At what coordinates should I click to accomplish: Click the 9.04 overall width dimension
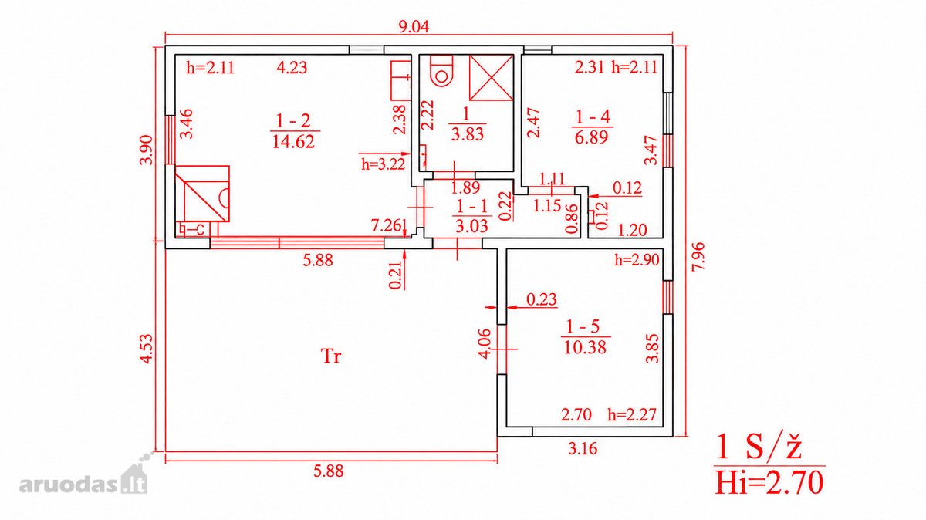[414, 27]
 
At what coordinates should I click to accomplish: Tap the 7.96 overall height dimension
[699, 256]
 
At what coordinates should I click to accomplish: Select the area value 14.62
[293, 142]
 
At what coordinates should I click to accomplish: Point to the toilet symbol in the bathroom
[441, 71]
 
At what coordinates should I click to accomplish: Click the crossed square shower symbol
[492, 78]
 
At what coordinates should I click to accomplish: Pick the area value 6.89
[592, 137]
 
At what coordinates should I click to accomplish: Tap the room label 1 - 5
[583, 327]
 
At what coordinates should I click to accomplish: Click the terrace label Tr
[331, 356]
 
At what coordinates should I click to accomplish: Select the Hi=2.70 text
[769, 483]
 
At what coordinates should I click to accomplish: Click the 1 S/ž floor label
[759, 447]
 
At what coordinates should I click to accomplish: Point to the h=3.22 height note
[384, 164]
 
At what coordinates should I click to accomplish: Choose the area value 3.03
[471, 226]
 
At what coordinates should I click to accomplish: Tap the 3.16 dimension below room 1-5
[583, 448]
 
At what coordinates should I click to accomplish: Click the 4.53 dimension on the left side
[147, 349]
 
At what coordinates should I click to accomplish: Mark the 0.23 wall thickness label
[542, 299]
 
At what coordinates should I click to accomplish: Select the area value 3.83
[467, 134]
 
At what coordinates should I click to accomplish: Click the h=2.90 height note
[637, 260]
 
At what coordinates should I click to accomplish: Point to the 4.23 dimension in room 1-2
[292, 67]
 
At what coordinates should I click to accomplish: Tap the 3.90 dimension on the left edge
[147, 150]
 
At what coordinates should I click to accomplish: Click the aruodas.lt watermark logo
[83, 479]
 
